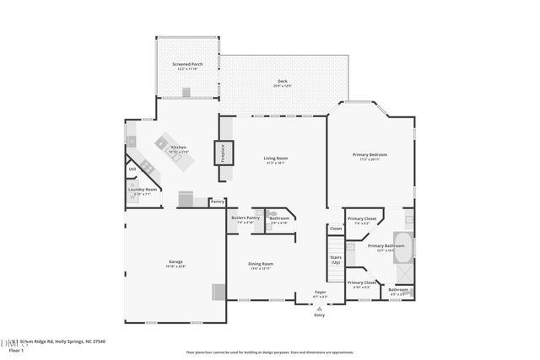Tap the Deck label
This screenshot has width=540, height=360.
[283, 82]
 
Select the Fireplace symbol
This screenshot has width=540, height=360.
[223, 153]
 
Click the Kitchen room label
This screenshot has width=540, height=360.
[179, 148]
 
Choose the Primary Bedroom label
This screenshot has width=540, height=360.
[370, 155]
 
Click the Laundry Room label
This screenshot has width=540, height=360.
[143, 191]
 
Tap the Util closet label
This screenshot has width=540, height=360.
[132, 169]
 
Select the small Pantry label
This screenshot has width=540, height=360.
[217, 201]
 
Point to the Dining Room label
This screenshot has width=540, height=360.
[260, 265]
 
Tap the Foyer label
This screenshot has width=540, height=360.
[320, 292]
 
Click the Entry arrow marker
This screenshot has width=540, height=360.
[319, 309]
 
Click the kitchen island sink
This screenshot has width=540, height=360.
[161, 143]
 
